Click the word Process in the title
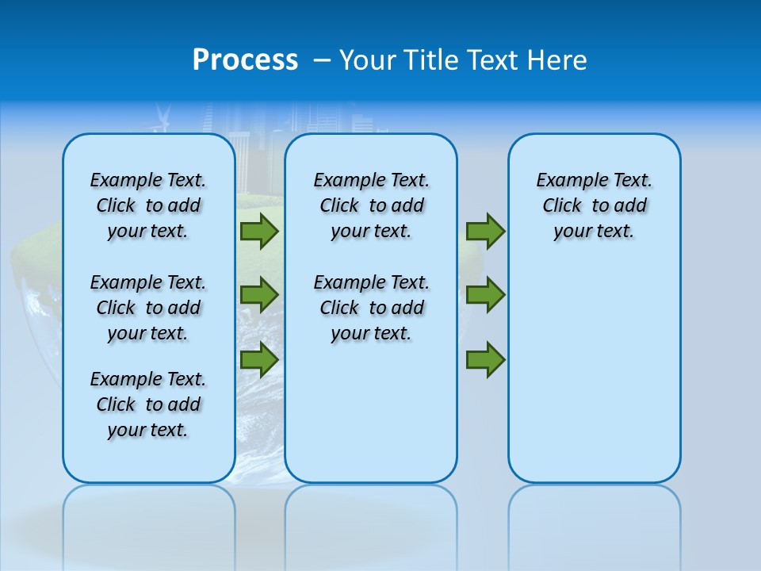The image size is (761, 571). [x=245, y=60]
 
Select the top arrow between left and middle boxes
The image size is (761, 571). [x=259, y=232]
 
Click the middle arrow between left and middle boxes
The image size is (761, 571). [x=259, y=295]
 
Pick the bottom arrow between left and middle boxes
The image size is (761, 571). [x=259, y=359]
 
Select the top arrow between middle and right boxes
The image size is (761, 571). [x=485, y=232]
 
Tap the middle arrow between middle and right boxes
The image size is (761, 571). [x=485, y=295]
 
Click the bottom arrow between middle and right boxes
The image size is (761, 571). [x=485, y=359]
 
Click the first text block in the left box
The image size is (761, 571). [x=148, y=205]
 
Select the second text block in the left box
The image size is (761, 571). [x=148, y=308]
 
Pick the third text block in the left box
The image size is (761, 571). [x=148, y=404]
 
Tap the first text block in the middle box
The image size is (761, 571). [x=372, y=205]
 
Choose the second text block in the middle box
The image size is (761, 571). [x=372, y=308]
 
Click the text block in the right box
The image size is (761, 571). [x=595, y=205]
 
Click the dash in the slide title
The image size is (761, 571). [x=322, y=61]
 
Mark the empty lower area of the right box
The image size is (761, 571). [x=595, y=381]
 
